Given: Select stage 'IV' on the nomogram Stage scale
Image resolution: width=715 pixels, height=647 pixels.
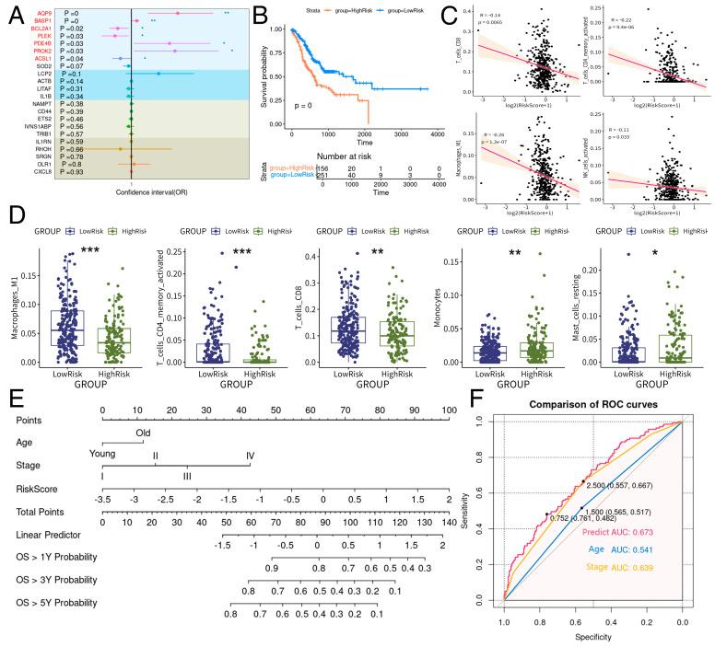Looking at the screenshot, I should (250, 455).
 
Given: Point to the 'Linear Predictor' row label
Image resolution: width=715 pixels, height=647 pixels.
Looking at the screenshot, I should (47, 535).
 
